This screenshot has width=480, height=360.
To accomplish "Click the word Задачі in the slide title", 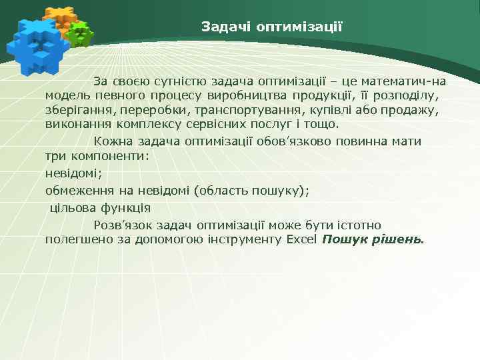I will [x=222, y=27].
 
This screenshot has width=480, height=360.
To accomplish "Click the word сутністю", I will [x=181, y=82].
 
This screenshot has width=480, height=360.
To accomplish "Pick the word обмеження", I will [x=79, y=191].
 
